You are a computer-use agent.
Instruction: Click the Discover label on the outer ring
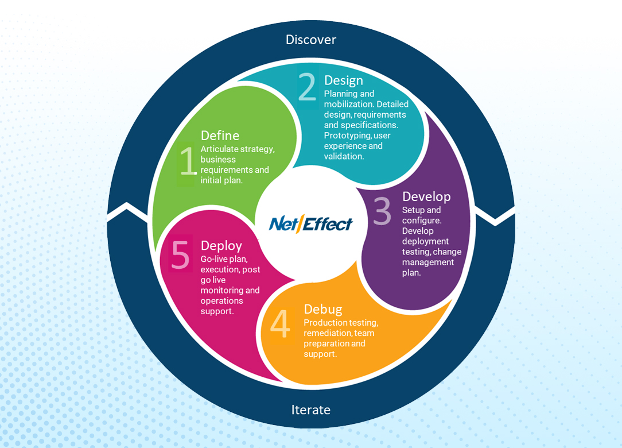pyautogui.click(x=310, y=40)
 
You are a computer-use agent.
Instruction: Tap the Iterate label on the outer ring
pyautogui.click(x=310, y=410)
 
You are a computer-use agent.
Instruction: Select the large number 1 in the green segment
pyautogui.click(x=187, y=161)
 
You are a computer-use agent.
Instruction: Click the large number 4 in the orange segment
pyautogui.click(x=280, y=325)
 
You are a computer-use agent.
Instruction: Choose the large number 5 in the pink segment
pyautogui.click(x=180, y=254)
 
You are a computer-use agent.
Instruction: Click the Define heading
pyautogui.click(x=220, y=136)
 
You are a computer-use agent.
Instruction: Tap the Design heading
pyautogui.click(x=343, y=80)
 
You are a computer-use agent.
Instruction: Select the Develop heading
pyautogui.click(x=426, y=197)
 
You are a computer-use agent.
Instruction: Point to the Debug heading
pyautogui.click(x=322, y=310)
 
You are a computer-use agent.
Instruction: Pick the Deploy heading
pyautogui.click(x=221, y=246)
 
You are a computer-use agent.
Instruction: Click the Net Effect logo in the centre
pyautogui.click(x=310, y=223)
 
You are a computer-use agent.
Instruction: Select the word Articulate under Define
pyautogui.click(x=220, y=149)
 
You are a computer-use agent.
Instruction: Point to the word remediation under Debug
pyautogui.click(x=327, y=333)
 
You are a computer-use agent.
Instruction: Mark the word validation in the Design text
pyautogui.click(x=344, y=156)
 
